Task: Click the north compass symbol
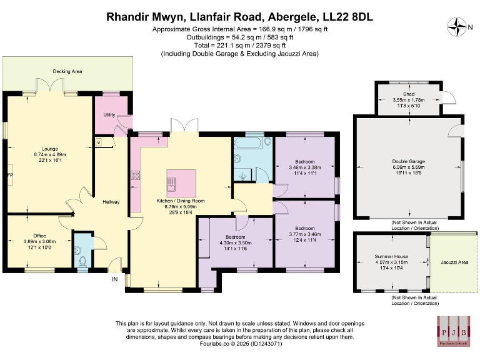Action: [459, 27]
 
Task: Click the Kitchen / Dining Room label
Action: [181, 201]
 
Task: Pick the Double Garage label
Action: [409, 161]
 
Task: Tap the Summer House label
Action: [391, 256]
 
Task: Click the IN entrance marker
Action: [114, 279]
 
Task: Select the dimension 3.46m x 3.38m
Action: [305, 167]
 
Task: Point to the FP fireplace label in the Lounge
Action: [9, 174]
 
